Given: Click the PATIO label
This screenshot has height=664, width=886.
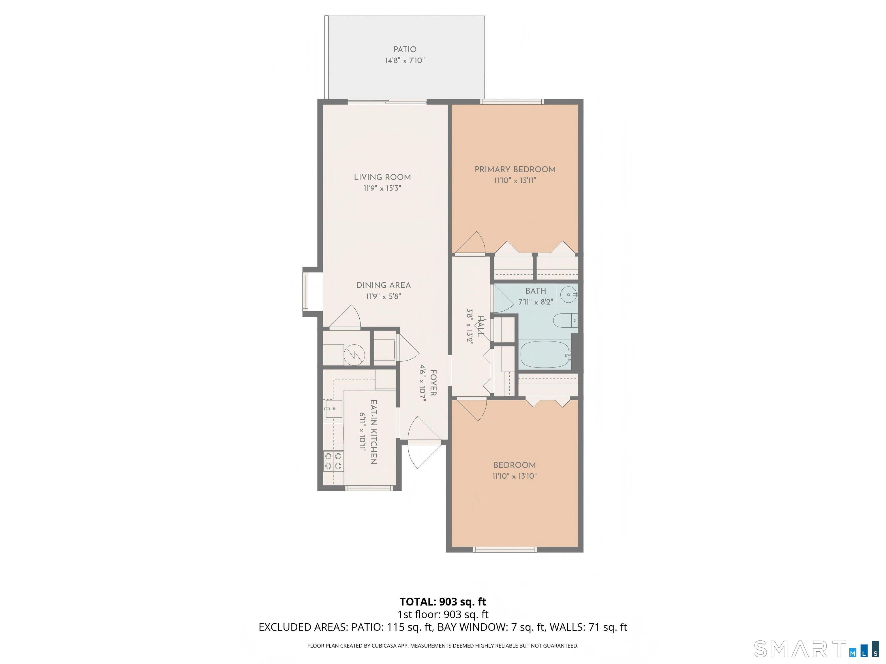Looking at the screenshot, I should coord(405,49).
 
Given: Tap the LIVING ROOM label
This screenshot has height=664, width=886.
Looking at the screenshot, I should coord(382,177).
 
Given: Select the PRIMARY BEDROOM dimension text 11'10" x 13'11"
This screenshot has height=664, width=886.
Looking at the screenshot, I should coord(515,180).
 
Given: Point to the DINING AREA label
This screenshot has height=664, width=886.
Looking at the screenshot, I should coord(383,285).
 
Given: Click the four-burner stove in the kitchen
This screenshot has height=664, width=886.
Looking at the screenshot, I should coord(333,460).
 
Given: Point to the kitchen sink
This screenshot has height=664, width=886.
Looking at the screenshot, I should coord(333,409).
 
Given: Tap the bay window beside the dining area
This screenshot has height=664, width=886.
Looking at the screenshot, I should coord(306,291).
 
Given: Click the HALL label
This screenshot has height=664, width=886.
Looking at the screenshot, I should coord(480,326).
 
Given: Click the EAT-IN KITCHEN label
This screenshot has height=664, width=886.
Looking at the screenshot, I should coord(373,432).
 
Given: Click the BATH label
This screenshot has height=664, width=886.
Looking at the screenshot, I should coord(536,291).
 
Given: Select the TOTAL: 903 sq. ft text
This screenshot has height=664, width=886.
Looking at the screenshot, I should coord(443,601).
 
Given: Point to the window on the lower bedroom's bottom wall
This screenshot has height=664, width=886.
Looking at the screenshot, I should coord(505,550).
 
